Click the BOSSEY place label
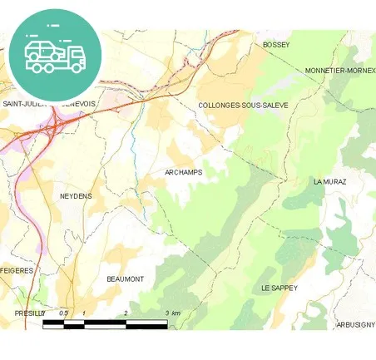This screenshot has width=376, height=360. click(275, 45)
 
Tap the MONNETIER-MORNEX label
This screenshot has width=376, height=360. click(340, 71)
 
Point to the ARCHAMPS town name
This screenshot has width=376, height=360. click(184, 172)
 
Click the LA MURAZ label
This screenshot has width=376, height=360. click(329, 180)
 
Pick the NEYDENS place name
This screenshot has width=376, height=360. click(76, 196)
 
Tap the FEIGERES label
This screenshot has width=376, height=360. click(16, 271)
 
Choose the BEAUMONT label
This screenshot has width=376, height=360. click(126, 279)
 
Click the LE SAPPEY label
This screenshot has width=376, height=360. click(279, 288)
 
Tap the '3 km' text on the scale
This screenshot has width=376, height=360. click(172, 313)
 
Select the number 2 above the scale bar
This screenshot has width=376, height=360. click(126, 313)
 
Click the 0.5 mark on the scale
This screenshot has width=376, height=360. click(62, 313)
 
